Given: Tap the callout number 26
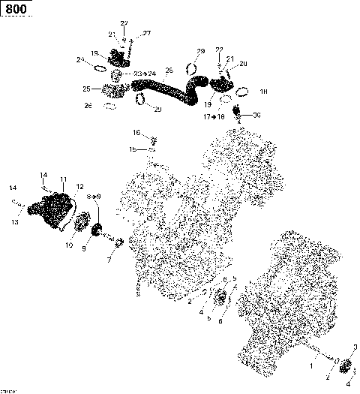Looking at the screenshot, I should [x=88, y=105].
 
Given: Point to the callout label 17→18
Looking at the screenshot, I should [x=214, y=117].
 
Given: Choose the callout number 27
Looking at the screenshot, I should [x=147, y=33].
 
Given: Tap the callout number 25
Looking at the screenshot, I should [x=87, y=89].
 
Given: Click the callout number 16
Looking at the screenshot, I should [x=136, y=132].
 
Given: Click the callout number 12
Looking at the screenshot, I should [x=79, y=185].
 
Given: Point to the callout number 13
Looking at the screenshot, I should [x=14, y=222].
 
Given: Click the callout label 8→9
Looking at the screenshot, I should [x=96, y=196].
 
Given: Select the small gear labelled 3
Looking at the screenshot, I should [x=346, y=367].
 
